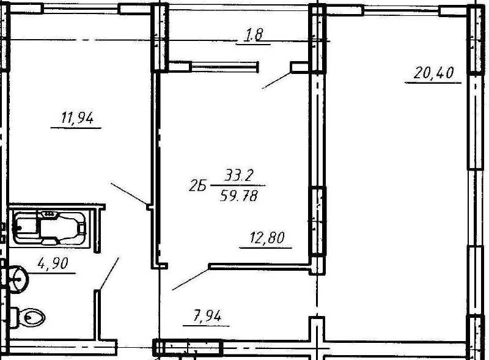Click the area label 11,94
coord(77,118)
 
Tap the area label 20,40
coord(433,73)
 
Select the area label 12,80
coord(267,238)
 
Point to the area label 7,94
coord(207,317)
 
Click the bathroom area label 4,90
coord(53,263)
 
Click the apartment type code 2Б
coord(197,186)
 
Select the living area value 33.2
coord(238,175)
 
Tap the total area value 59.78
coord(239,196)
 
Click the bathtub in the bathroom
coord(49,227)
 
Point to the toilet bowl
coord(28,318)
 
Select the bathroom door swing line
coord(109,274)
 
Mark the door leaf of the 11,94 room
coord(129,194)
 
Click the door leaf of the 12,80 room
coord(191,279)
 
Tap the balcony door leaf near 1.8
coord(277,81)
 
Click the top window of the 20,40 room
coord(401,10)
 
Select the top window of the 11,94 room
coord(81,9)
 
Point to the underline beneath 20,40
coord(433,83)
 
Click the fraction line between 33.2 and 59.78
coord(238,186)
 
